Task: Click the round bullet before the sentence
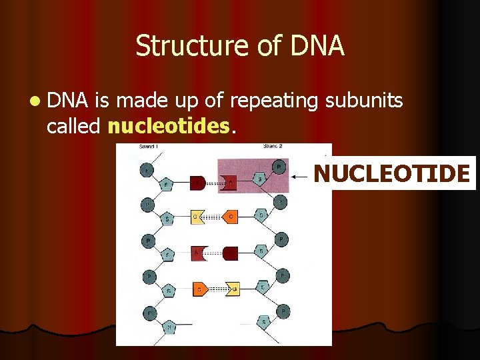coord(34,101)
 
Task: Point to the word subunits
coord(364,101)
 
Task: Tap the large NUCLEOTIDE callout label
coord(392,174)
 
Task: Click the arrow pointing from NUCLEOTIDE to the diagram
coord(301,176)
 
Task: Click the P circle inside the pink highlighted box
coord(279,167)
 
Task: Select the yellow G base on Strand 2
coord(233,288)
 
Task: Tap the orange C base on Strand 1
coord(199,289)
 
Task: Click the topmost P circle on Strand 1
coord(147,171)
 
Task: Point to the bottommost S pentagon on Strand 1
coord(169,326)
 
